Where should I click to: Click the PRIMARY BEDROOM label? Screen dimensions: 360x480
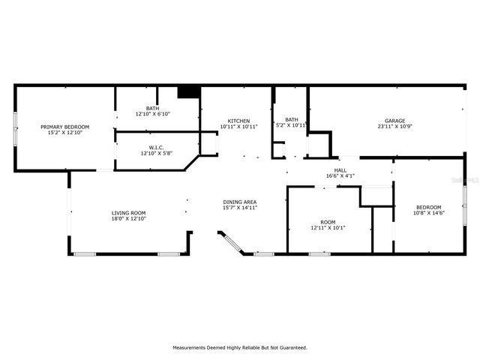(x=64, y=127)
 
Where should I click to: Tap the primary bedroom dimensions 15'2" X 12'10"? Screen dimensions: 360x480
(x=64, y=133)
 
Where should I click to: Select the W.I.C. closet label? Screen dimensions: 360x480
(x=156, y=147)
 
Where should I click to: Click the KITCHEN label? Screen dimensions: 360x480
(x=239, y=121)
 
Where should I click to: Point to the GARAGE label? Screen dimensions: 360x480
(x=395, y=121)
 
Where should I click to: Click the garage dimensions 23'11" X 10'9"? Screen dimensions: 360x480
(x=395, y=127)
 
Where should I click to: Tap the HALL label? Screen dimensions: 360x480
(x=340, y=170)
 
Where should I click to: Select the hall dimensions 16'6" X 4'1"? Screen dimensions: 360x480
(x=340, y=176)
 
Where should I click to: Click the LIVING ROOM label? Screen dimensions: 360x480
(x=128, y=213)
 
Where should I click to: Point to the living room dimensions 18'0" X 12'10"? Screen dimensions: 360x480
(x=128, y=219)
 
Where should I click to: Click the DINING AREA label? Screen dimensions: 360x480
(x=240, y=202)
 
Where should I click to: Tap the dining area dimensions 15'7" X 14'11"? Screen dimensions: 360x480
(x=240, y=208)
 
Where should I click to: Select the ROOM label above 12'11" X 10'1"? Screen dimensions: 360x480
(x=328, y=222)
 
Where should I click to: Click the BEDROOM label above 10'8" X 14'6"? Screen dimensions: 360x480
(x=429, y=207)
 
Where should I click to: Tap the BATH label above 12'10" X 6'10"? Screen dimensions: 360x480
(x=152, y=109)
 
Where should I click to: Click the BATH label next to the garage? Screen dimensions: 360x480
(x=292, y=119)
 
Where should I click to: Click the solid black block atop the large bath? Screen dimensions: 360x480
(x=187, y=91)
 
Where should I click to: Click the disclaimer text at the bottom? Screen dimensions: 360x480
(x=240, y=347)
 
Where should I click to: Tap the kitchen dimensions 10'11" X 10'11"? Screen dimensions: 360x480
(x=239, y=127)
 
